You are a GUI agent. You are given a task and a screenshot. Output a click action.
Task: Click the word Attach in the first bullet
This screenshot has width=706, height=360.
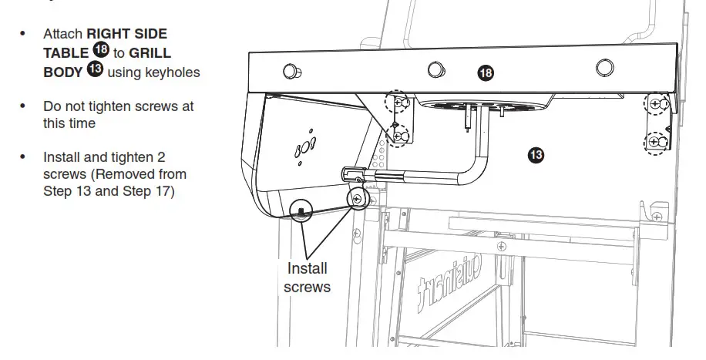coord(62,34)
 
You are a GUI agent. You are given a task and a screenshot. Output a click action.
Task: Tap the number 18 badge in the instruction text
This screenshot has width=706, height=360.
coord(101,51)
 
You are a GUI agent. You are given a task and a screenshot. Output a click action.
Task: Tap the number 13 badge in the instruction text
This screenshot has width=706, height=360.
coord(96,72)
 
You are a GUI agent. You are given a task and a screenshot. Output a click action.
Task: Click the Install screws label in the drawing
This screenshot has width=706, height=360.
coord(307,278)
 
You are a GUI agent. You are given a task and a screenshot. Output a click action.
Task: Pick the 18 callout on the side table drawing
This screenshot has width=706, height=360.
coord(485,73)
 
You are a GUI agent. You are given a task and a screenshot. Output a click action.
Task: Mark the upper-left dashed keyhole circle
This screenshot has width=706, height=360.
coord(397,102)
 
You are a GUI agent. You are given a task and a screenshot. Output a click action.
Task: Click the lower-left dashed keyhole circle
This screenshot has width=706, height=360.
coord(398,136)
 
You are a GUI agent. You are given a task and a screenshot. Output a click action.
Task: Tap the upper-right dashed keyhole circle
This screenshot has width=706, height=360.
coord(655,103)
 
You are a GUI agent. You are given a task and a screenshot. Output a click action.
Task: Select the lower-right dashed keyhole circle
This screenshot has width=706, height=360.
coord(655,142)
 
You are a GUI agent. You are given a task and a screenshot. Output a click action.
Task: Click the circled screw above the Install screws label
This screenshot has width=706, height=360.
coord(357,199)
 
